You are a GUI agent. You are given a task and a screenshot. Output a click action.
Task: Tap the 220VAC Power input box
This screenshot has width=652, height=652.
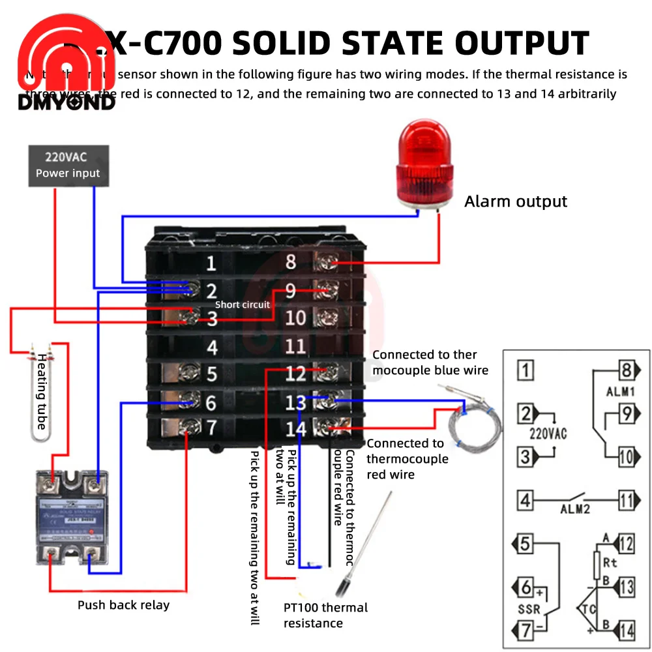point(68,165)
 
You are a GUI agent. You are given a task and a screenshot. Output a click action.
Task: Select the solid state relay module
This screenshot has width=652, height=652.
point(71,522)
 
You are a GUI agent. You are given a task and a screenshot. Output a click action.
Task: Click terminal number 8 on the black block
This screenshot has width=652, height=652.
point(291,262)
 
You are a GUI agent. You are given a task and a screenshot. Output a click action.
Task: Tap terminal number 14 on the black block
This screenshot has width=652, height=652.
point(295,428)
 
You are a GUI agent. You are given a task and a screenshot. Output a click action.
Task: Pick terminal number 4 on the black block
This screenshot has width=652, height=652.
point(211,347)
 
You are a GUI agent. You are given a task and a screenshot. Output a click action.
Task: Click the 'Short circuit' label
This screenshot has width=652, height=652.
point(242,304)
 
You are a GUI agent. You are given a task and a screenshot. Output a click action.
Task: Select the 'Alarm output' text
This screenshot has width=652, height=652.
point(516,201)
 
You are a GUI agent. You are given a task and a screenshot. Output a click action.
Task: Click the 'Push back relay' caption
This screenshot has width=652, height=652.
point(123,605)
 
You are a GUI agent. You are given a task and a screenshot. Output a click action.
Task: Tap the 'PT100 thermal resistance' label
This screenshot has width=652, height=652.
point(325,615)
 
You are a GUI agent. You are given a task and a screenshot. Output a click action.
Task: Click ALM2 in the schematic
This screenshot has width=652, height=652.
point(574,509)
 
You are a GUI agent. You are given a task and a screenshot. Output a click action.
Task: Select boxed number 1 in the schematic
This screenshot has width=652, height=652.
point(526,370)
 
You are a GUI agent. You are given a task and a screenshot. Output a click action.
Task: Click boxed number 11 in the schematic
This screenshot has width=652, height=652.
point(626,501)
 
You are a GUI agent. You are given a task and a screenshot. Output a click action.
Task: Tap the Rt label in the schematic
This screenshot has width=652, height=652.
point(610,562)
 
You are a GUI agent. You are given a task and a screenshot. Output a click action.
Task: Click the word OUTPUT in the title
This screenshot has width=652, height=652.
point(522,44)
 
